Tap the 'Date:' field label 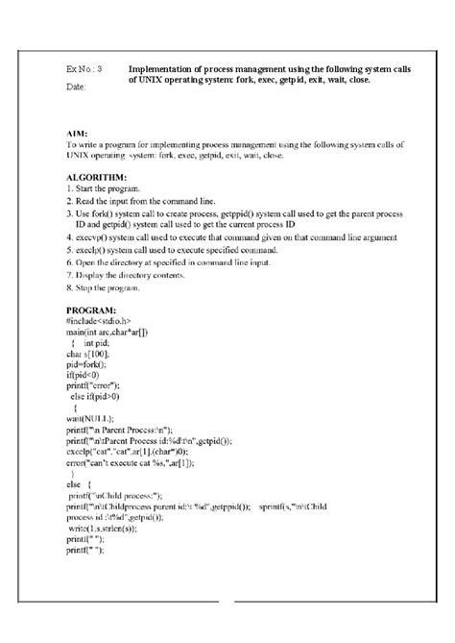[x=76, y=87]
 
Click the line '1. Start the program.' [x=106, y=191]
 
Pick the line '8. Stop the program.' [x=105, y=287]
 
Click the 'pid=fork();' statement [x=87, y=366]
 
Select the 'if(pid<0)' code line [x=84, y=378]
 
